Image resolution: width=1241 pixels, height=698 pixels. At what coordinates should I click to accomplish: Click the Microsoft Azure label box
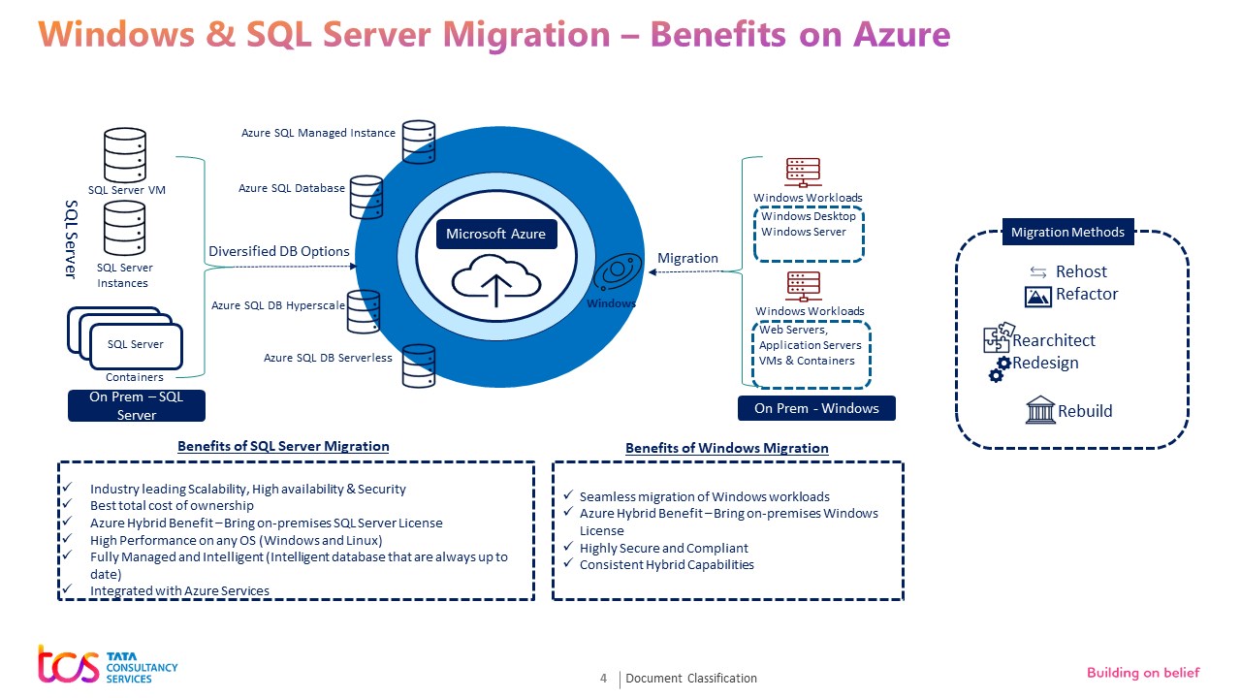(495, 234)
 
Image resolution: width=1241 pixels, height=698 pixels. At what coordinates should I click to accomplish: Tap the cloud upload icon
(496, 280)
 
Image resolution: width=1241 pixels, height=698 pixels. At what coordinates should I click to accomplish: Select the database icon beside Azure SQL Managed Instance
(418, 142)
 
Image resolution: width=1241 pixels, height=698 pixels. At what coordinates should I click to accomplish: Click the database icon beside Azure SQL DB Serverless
(418, 365)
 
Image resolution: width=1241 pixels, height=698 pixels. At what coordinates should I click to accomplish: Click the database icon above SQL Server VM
(124, 155)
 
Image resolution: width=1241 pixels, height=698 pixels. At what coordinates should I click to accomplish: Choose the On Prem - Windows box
(816, 408)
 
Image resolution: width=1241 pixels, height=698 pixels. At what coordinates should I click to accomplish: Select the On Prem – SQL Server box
(136, 405)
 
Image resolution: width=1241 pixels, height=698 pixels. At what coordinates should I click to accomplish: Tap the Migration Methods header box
(1067, 233)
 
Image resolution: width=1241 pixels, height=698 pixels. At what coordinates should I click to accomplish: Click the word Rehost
(1081, 271)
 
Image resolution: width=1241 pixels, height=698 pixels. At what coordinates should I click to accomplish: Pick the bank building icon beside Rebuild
(1040, 410)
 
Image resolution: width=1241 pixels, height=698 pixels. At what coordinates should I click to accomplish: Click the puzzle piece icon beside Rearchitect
(998, 337)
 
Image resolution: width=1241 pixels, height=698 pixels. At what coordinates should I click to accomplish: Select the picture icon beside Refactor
(1038, 297)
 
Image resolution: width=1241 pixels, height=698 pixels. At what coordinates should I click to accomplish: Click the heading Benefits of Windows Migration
(726, 448)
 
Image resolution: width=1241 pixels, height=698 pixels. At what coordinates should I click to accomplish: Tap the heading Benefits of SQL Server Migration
(283, 446)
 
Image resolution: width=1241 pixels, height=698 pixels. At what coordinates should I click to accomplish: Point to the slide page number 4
(603, 679)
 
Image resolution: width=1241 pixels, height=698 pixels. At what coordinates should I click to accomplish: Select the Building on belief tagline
(1143, 673)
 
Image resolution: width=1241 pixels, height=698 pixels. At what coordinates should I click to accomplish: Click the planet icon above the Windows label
(618, 273)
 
